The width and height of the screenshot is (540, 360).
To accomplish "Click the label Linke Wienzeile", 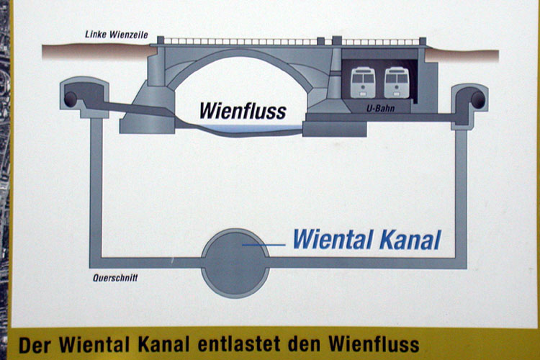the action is pos(117,35).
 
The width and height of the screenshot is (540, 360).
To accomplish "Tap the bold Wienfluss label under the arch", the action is pos(243,111).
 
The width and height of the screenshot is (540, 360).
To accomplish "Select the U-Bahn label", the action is pos(381,109).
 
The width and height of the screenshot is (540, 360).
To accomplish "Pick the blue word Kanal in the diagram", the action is pos(410,239).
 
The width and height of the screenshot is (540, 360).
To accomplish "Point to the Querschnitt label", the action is pos(115,278).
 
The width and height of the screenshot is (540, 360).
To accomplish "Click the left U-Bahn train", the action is pos(363,83).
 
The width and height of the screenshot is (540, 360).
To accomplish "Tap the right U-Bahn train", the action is pos(397,83).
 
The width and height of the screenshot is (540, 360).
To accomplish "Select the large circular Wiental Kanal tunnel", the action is pos(235,264).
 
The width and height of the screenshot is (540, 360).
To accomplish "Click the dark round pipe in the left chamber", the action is pos(71,99).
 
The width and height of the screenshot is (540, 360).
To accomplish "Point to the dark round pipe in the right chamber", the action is pos(477,99).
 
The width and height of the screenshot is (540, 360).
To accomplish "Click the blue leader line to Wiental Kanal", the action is pos(264,245).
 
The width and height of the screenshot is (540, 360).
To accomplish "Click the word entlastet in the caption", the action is pos(239,344).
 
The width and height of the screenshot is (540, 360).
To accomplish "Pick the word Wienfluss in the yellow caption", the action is pos(373,344).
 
